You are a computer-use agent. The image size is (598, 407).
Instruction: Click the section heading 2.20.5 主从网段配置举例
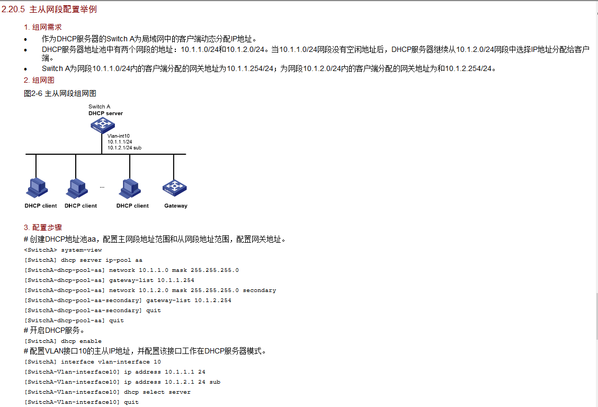(x=49, y=9)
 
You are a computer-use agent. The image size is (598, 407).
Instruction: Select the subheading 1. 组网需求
(x=43, y=27)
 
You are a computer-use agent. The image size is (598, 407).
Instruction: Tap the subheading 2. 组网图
(x=39, y=80)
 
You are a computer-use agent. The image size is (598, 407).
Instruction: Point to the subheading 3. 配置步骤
(x=43, y=227)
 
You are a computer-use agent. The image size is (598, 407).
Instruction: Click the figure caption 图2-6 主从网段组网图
(x=60, y=93)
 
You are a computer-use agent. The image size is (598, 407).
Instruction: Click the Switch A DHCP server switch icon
(x=103, y=125)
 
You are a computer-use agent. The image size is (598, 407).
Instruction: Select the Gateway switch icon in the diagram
(x=175, y=188)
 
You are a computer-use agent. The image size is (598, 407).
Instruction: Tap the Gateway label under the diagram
(x=176, y=206)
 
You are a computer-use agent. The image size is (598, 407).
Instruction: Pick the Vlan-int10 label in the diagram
(x=119, y=136)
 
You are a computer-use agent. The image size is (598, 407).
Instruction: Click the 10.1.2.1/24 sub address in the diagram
(x=124, y=148)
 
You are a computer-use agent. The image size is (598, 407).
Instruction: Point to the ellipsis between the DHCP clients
(x=102, y=187)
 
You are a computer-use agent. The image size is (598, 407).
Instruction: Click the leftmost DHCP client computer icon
(x=37, y=188)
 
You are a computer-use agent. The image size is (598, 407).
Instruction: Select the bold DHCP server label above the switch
(x=105, y=113)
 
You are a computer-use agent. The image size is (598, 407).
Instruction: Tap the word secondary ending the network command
(x=260, y=290)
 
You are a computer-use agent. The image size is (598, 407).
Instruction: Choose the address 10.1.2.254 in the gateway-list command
(x=213, y=300)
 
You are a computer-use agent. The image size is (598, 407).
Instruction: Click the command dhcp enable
(x=81, y=341)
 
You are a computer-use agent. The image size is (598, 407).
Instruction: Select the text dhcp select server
(x=157, y=392)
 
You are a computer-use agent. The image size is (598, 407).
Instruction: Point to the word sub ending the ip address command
(x=215, y=382)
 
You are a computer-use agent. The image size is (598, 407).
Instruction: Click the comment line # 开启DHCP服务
(x=54, y=330)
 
